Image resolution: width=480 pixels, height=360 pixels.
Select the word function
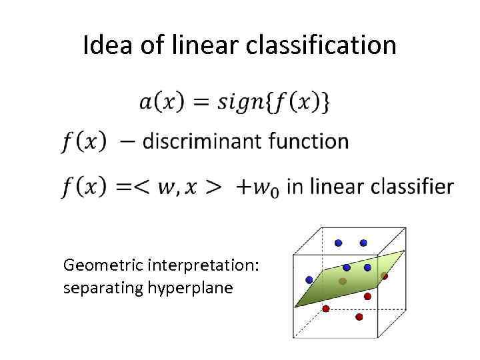pos(306,141)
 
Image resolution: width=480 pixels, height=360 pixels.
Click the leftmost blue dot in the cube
pos(309,279)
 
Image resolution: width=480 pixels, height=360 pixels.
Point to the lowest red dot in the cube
pos(359,317)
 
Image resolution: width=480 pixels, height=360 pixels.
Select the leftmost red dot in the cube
pos(326,309)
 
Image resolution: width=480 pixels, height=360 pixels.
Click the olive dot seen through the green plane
pos(343,281)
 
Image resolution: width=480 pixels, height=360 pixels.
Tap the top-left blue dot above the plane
pos(338,243)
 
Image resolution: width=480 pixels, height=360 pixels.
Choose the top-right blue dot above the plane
pos(363,243)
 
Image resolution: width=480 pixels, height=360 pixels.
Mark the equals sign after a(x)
pos(201,103)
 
